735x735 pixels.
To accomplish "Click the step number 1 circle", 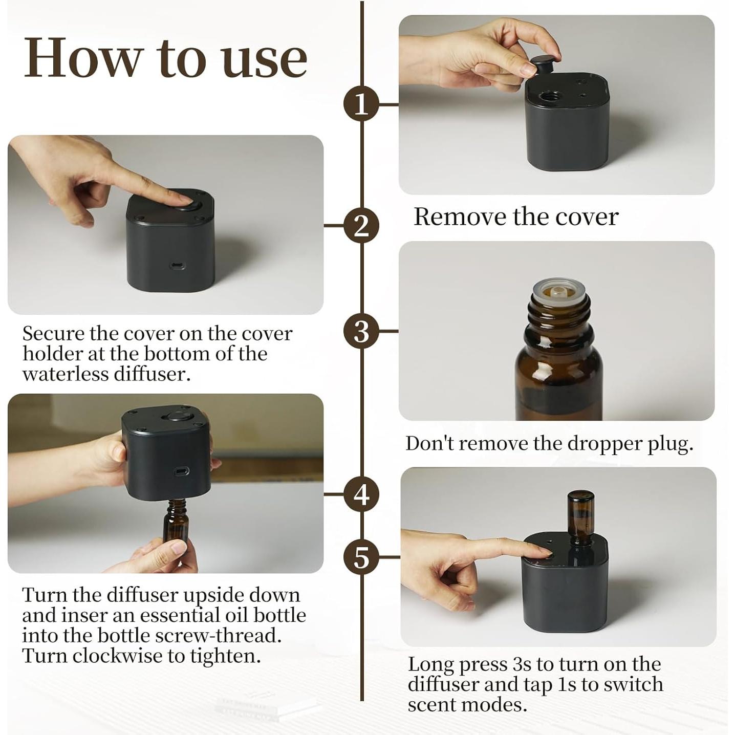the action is [x=361, y=104].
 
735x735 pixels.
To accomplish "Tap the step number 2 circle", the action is [x=361, y=226].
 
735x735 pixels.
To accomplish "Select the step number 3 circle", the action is [x=361, y=331].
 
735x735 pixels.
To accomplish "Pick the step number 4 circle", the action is [x=361, y=495].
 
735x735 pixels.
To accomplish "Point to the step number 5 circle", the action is [x=361, y=557].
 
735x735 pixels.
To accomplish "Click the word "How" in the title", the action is [x=81, y=58].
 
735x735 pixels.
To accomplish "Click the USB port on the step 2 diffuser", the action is [x=176, y=265].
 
